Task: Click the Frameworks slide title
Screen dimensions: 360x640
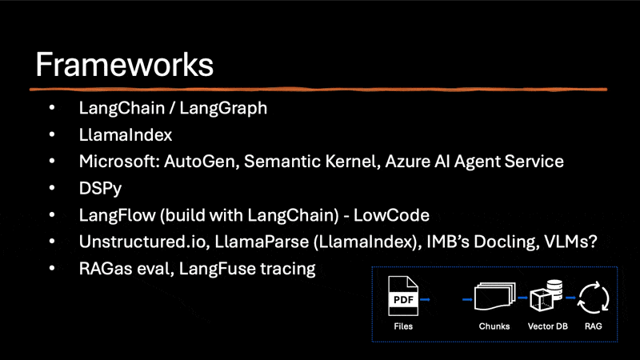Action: [x=124, y=64]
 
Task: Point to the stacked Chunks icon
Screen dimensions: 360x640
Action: [x=494, y=298]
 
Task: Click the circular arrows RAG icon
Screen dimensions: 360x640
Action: [x=594, y=298]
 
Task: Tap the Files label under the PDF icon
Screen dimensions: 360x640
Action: [x=404, y=326]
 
